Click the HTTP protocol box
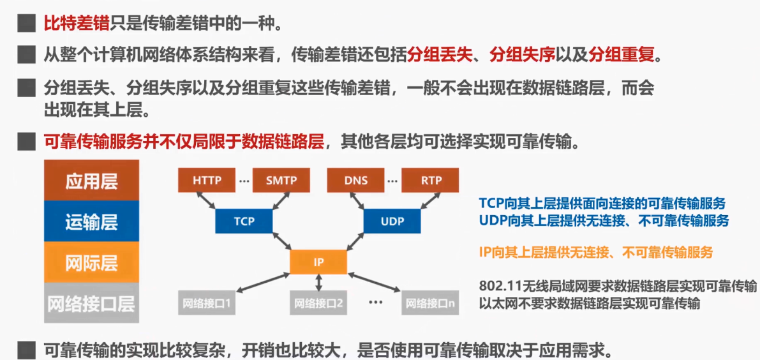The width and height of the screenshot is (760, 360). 207,180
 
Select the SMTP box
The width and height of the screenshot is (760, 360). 281,180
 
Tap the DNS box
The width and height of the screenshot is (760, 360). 356,180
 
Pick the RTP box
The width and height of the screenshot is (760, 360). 431,180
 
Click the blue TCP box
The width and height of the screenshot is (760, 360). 244,221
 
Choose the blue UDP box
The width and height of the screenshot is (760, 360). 392,221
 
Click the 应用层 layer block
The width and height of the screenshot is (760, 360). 92,181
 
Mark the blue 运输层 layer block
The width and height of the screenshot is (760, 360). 92,222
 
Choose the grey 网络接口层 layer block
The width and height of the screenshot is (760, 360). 92,303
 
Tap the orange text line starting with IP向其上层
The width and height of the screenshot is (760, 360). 595,252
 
